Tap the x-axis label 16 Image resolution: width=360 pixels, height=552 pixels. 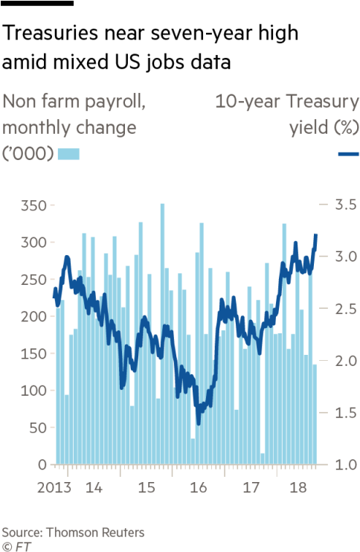[x=199, y=488]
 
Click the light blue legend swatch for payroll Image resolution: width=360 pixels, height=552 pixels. [x=68, y=154]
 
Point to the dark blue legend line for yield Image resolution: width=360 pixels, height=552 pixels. [x=349, y=154]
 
